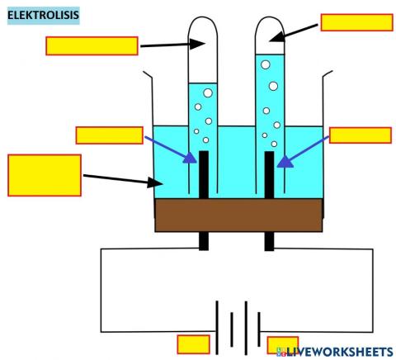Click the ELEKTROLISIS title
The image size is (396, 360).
coord(43,15)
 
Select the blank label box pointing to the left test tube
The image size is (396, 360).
coord(91,45)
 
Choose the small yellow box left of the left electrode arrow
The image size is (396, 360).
coord(109,135)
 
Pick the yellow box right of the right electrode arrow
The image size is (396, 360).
coord(360,135)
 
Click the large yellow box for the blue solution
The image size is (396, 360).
coord(44,175)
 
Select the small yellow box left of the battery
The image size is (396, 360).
coord(194,343)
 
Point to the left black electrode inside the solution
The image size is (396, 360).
coord(203,174)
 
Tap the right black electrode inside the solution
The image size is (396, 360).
coord(269,174)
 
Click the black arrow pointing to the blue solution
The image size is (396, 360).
coord(120,178)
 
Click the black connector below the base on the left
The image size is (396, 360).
coord(203,240)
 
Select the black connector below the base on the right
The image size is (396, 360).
coord(269,240)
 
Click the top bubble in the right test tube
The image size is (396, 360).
coord(263,64)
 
